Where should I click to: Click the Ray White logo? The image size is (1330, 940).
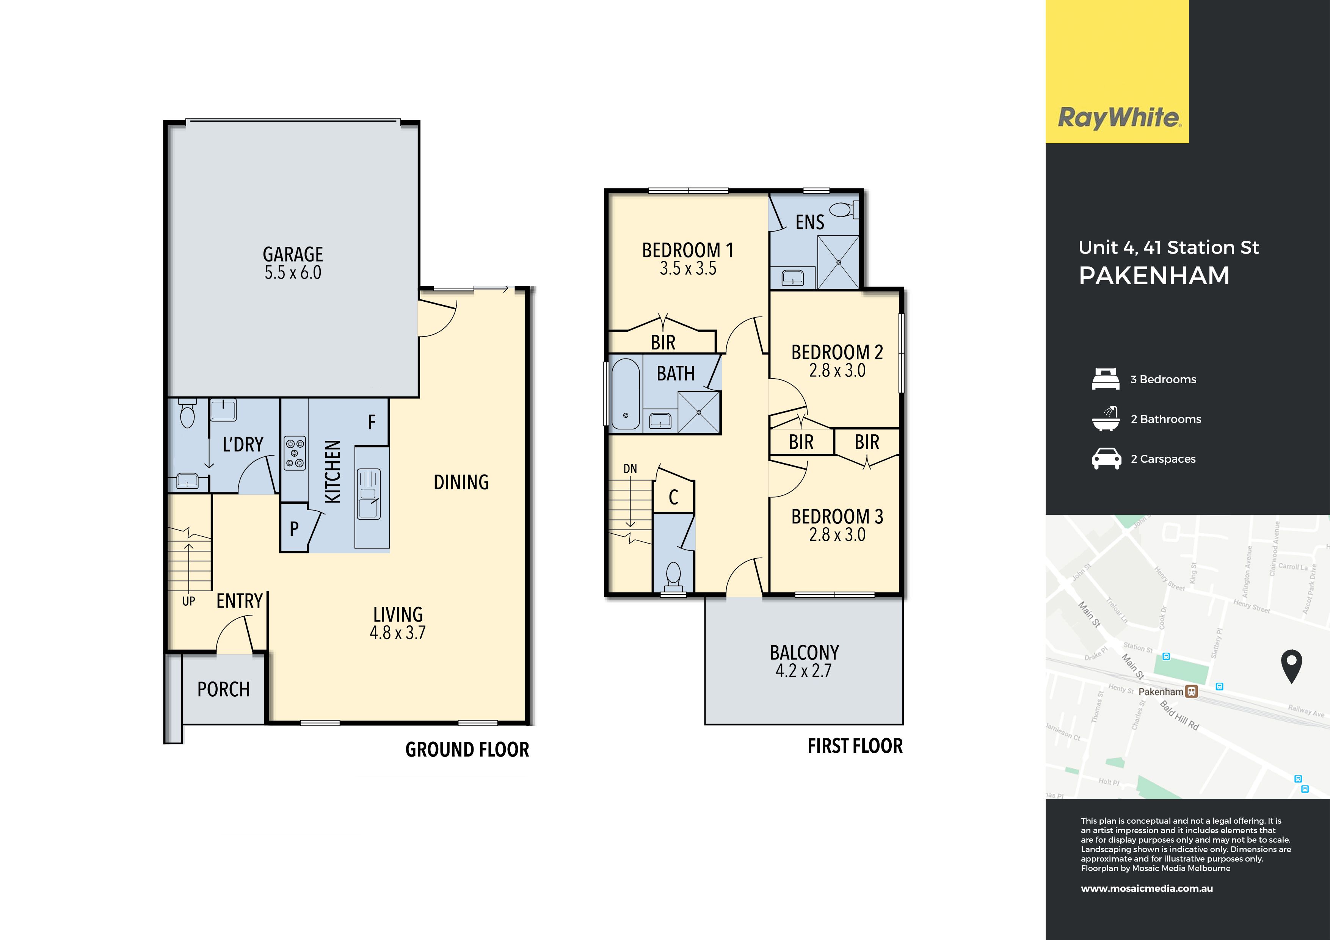[1119, 118]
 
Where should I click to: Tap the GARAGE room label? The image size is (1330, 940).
[293, 254]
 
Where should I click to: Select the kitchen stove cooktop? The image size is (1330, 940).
[294, 453]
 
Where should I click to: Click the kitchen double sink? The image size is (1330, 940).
[369, 494]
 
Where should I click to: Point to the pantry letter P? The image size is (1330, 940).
[294, 529]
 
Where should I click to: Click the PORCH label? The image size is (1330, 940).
[224, 689]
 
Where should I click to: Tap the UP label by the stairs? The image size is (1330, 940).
[189, 601]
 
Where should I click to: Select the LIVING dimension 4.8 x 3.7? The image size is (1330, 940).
[398, 633]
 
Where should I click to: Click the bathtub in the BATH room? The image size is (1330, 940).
[626, 395]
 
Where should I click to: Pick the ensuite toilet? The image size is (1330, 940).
[844, 209]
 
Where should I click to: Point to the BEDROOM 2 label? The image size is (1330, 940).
[837, 352]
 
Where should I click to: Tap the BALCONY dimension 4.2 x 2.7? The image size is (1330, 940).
[803, 671]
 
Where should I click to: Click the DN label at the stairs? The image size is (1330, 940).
[630, 468]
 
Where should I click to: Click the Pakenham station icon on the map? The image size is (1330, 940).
[1192, 691]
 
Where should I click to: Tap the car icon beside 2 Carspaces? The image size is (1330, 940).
[1106, 459]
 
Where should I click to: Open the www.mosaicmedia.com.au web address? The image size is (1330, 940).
[1147, 888]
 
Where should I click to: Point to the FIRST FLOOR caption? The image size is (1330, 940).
[855, 746]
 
